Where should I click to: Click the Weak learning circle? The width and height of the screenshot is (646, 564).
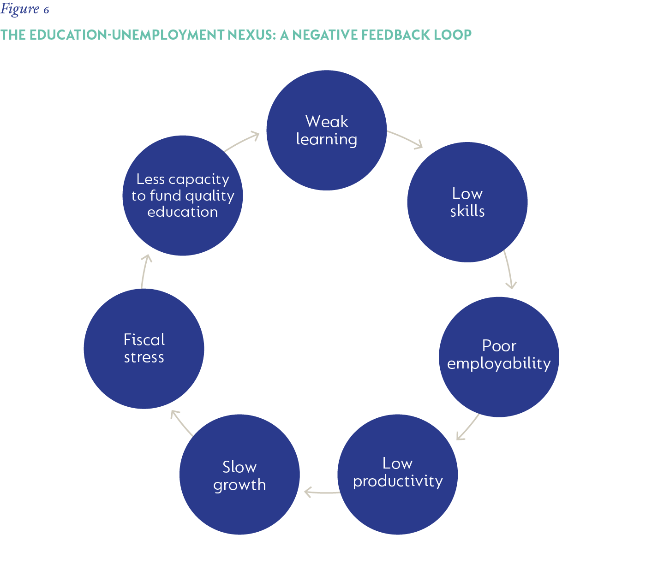point(327,130)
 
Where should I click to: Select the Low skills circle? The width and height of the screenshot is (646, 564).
point(467,202)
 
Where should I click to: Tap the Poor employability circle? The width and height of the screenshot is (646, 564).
point(499,357)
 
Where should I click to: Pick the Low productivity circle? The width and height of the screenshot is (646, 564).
point(397,475)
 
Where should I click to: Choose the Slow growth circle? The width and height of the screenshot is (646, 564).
point(239,475)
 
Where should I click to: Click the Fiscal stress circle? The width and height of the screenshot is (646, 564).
point(144,349)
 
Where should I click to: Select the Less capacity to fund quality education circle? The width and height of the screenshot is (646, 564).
point(183,196)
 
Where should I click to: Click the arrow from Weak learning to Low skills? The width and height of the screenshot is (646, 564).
point(406,139)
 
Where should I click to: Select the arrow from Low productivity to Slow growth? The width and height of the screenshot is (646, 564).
point(322,493)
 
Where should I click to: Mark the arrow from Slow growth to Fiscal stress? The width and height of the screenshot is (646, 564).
point(181,422)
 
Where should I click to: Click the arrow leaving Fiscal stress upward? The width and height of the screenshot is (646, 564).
point(144,271)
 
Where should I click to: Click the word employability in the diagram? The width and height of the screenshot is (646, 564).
point(499,363)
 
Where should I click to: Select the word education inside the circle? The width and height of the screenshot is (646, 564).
point(183,212)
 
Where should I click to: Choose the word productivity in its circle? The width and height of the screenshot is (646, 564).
point(398,481)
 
